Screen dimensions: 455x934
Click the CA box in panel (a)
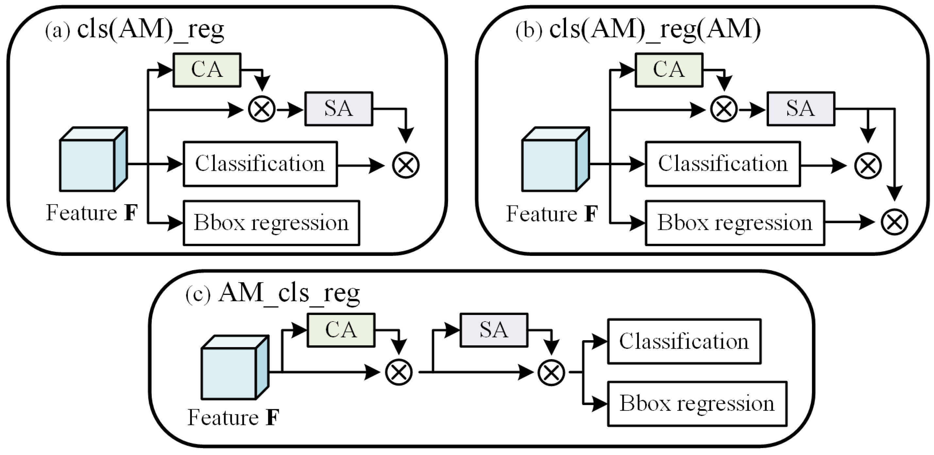coord(207,70)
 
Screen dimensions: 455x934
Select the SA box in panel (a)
coord(339,109)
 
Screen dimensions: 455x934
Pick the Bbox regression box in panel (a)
coord(271,223)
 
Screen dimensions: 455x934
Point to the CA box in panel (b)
coord(669,70)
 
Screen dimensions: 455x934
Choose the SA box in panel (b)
coord(801,109)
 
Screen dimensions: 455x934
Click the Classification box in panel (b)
coord(723,164)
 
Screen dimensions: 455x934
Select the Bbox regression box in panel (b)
coord(735,223)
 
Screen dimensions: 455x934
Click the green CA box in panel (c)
coord(341,330)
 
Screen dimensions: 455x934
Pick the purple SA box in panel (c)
coord(494,330)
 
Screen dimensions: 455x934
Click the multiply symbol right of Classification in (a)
coord(406,165)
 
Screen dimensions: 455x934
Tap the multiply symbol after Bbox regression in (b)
coord(894,222)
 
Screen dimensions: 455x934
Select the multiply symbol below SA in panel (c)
coord(551,372)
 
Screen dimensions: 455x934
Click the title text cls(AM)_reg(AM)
coord(655,29)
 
